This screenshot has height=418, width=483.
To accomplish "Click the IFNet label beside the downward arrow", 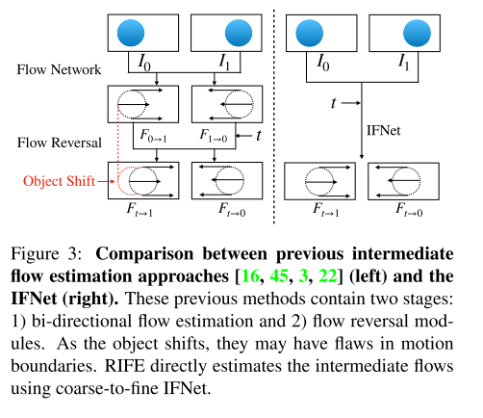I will pyautogui.click(x=382, y=126).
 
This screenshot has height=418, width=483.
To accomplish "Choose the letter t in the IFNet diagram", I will pyautogui.click(x=333, y=99).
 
